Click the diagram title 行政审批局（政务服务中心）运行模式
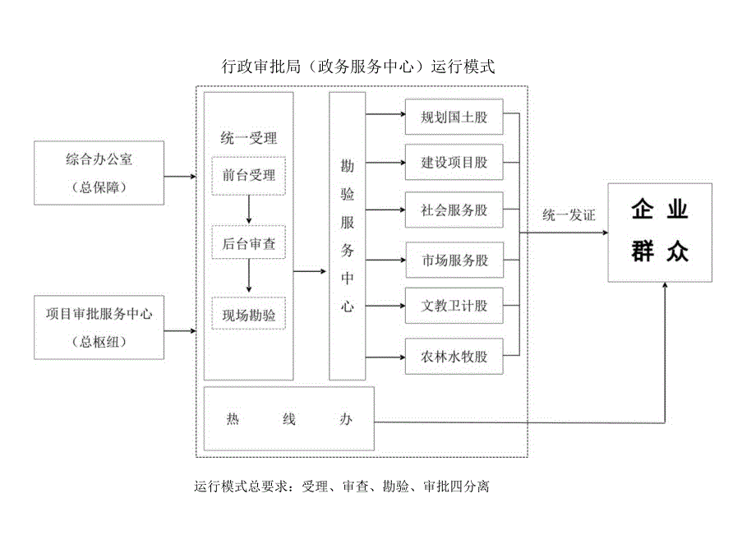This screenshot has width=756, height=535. (358, 67)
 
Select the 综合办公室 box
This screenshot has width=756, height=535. (99, 173)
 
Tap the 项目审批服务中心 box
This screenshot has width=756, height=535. (99, 326)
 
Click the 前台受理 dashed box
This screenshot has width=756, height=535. (248, 175)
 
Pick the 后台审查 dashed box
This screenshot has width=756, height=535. (248, 244)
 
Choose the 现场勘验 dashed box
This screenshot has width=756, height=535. (248, 314)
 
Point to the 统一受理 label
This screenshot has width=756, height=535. (248, 137)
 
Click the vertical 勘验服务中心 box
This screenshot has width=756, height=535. (347, 236)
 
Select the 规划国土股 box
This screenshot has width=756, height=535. (454, 118)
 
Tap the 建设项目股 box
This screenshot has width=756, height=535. (454, 163)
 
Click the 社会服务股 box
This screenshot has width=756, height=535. (454, 210)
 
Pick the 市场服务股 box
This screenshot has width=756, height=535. (454, 261)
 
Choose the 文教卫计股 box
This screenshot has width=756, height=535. (454, 306)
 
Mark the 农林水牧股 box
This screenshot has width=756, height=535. (454, 357)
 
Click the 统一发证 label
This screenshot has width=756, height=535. (569, 215)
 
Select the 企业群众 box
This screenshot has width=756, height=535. (659, 233)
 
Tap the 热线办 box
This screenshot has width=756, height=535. (288, 419)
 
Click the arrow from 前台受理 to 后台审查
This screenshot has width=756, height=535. (248, 210)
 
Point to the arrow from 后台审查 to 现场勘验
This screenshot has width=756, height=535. (248, 279)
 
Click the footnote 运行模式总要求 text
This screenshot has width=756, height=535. (342, 487)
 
